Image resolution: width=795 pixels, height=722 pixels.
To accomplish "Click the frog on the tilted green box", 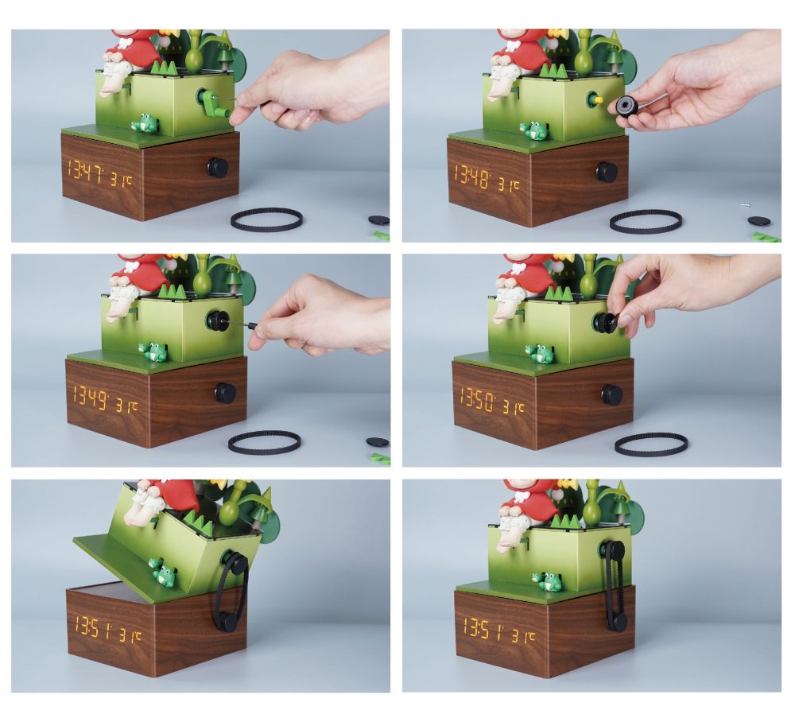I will click(x=163, y=574).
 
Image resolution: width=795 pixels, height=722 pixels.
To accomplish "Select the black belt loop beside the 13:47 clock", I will click(x=266, y=219).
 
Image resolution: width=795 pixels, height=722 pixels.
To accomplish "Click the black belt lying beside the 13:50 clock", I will click(x=651, y=444).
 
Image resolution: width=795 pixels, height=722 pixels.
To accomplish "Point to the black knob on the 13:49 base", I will click(x=224, y=392).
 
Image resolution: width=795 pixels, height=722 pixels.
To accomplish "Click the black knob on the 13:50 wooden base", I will click(x=611, y=394).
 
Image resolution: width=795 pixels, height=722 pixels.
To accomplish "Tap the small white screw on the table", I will click(x=745, y=206).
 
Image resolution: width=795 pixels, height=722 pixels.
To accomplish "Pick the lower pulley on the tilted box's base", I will click(x=227, y=621).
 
